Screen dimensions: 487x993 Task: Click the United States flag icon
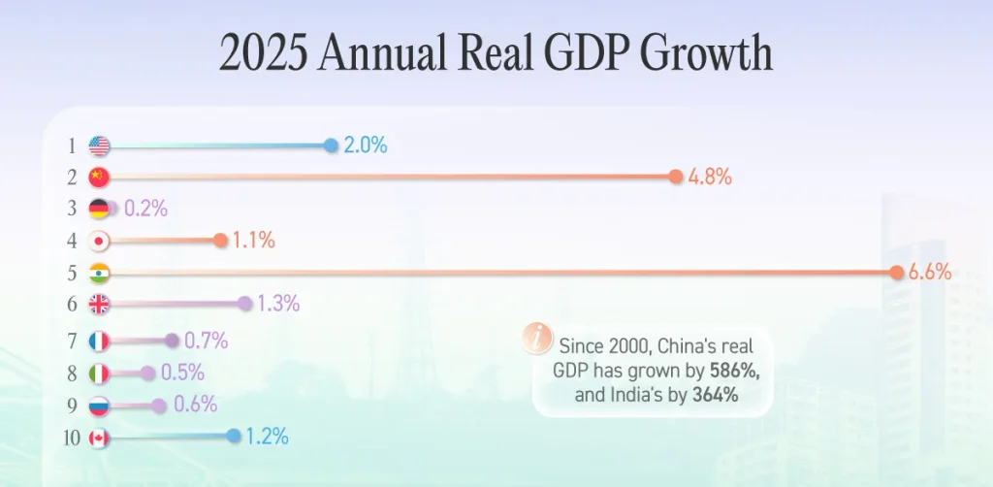(x=99, y=146)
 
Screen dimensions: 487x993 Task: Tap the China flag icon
(x=99, y=177)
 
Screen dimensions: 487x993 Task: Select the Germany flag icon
(x=99, y=209)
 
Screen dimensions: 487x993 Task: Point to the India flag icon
(x=99, y=274)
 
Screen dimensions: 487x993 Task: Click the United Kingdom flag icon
(x=99, y=305)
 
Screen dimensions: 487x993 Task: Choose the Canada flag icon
(x=99, y=438)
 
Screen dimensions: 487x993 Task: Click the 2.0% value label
(x=366, y=146)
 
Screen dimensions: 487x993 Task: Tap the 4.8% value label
(x=710, y=178)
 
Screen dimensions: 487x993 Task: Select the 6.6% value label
(x=930, y=274)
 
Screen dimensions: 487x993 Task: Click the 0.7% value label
(x=206, y=341)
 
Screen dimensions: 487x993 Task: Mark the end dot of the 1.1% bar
(x=220, y=241)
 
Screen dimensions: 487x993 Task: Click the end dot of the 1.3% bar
(x=244, y=305)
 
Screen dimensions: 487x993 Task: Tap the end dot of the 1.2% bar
(x=234, y=437)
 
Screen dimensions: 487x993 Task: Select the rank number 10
(x=71, y=438)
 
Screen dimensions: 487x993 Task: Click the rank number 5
(x=71, y=274)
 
